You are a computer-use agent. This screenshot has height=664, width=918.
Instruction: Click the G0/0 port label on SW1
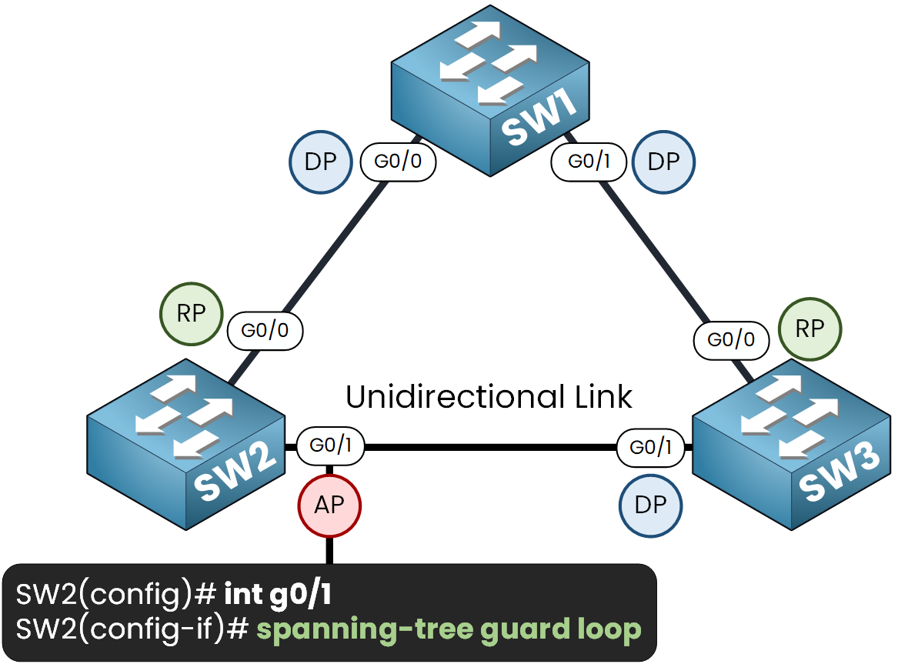pyautogui.click(x=398, y=162)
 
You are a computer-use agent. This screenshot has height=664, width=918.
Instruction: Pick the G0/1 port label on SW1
pyautogui.click(x=589, y=162)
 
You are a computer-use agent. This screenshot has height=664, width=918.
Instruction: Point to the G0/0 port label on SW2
pyautogui.click(x=265, y=331)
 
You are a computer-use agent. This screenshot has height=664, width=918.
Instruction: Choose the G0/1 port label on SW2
pyautogui.click(x=330, y=446)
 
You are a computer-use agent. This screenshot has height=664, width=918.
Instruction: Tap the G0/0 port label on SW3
pyautogui.click(x=731, y=339)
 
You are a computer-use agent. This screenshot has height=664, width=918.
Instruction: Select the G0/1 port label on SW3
pyautogui.click(x=651, y=448)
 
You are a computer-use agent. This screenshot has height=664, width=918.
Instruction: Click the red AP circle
pyautogui.click(x=329, y=505)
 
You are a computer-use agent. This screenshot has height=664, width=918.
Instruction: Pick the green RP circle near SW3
pyautogui.click(x=810, y=329)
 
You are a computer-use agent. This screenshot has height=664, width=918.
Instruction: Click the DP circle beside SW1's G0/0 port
pyautogui.click(x=320, y=162)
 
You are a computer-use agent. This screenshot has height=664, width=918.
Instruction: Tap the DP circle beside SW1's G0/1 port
pyautogui.click(x=663, y=162)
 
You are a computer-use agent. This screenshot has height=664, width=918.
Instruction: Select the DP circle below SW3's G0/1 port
pyautogui.click(x=651, y=505)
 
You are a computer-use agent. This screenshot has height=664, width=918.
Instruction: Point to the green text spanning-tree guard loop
pyautogui.click(x=449, y=629)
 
